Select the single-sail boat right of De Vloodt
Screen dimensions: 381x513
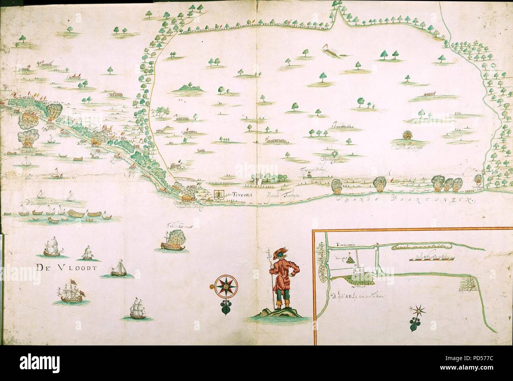click(118, 269)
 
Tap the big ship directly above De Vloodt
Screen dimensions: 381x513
click(52, 247)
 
